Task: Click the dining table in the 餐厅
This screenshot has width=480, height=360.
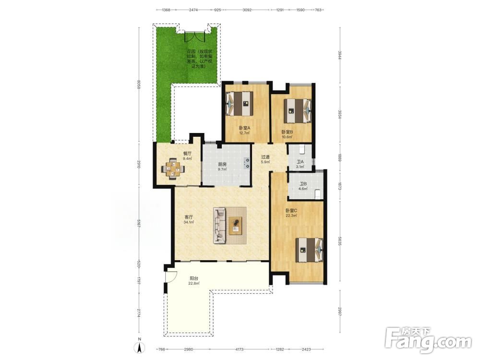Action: coord(173,168)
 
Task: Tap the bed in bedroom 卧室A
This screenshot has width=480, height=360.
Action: coord(240,104)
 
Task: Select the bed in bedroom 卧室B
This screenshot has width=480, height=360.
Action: coord(298,110)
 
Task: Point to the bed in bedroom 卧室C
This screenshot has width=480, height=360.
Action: coord(310,250)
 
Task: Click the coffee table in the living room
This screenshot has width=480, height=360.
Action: coord(235,226)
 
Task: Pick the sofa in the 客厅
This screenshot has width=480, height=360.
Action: coord(219,225)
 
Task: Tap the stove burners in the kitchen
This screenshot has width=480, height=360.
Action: coord(246,163)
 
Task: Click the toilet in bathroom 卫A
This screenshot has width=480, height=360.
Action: coord(302,149)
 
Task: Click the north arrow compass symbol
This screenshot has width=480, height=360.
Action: coord(139,347)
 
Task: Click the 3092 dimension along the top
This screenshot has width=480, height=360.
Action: coord(247,10)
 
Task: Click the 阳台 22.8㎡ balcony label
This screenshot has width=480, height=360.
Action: coord(194,281)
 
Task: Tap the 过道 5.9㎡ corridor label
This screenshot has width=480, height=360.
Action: coord(265,159)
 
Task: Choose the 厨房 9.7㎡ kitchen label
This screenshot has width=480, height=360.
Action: coord(222,167)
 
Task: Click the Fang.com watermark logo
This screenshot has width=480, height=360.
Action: coord(428,340)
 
